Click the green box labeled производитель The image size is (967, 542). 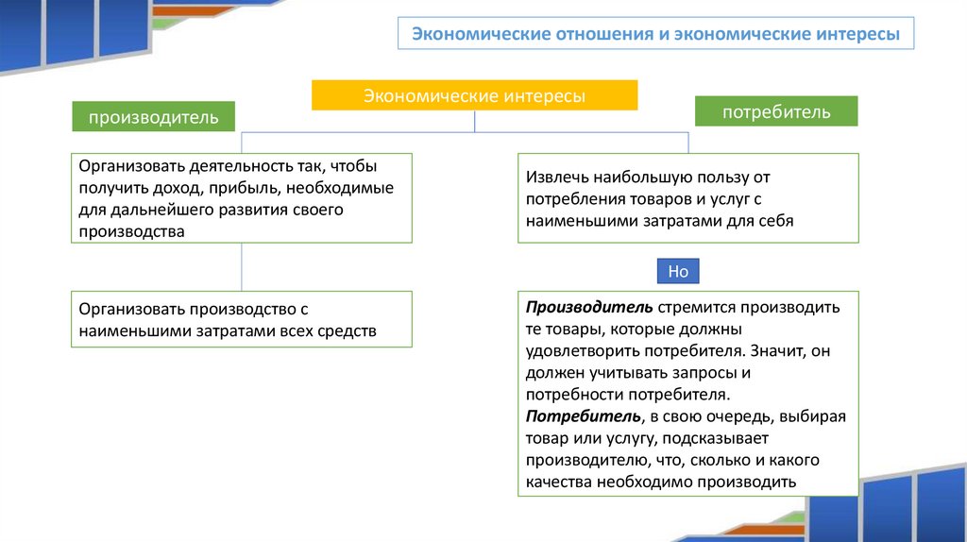point(153,117)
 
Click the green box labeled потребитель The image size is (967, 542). point(776,111)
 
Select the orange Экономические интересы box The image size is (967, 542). point(475,95)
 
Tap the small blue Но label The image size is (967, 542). point(678,272)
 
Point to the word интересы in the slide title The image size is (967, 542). point(852,35)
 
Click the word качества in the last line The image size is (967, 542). point(559,482)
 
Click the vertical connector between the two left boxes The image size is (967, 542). point(242,267)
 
